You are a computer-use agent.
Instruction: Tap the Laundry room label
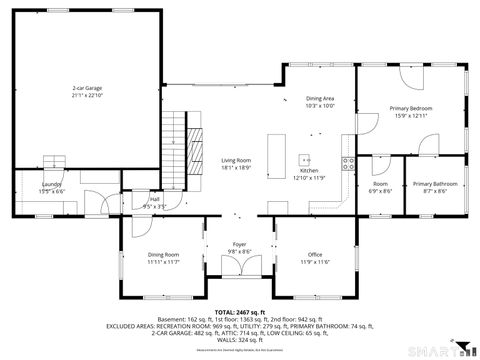50,184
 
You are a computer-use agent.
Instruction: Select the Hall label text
155,199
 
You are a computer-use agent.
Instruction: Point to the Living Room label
236,160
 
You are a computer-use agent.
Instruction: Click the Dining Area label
320,98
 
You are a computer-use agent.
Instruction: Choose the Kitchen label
309,171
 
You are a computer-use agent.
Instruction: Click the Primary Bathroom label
435,183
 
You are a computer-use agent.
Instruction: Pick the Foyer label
240,244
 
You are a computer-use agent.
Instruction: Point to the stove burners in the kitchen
347,165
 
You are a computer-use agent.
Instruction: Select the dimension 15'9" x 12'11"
411,115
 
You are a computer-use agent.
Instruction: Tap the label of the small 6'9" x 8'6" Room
381,183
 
